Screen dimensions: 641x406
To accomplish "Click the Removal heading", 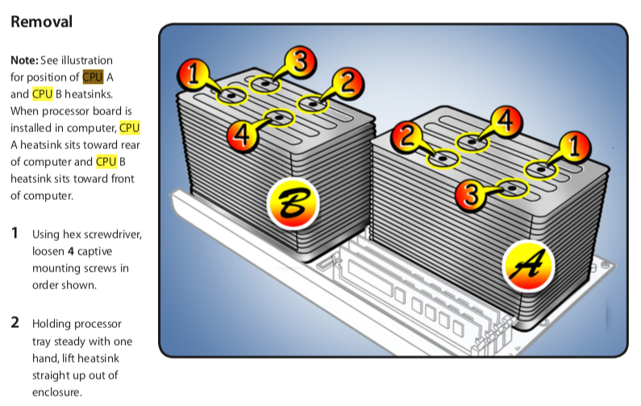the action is (x=41, y=22).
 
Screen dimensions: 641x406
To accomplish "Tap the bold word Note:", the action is (x=24, y=60).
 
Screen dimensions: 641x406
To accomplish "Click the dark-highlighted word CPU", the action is (x=93, y=77).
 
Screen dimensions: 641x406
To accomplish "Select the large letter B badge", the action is (x=293, y=204).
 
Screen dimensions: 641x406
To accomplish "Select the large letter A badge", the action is (x=528, y=266).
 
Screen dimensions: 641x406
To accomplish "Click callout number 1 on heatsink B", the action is (x=193, y=74).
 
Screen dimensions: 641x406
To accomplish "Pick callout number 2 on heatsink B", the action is (x=348, y=84).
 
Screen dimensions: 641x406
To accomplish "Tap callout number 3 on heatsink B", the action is (x=301, y=62).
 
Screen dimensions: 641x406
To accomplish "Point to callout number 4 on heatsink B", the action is (x=242, y=135).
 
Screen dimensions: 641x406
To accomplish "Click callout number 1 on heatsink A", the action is (x=574, y=147).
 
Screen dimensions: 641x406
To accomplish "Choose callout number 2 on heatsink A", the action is (x=406, y=137).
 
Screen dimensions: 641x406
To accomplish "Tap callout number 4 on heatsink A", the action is (x=506, y=122).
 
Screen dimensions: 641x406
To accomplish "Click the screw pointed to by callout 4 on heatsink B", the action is (x=279, y=118).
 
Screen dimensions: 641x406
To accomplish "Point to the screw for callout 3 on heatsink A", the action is (x=513, y=188).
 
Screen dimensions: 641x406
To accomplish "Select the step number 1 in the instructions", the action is (x=15, y=233).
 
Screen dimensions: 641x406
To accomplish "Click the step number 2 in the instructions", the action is (x=15, y=322).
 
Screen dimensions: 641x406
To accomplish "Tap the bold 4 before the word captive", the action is (x=71, y=251).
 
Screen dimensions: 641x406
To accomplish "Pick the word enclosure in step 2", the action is (x=57, y=392).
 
